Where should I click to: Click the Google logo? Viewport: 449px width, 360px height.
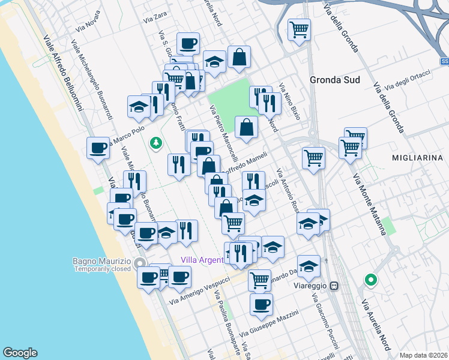coord(20,353)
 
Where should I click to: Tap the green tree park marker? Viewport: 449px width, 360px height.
coord(156,142)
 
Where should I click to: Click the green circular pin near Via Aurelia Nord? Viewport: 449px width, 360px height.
coord(371,280)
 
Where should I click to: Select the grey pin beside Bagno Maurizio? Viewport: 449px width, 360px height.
coord(140,263)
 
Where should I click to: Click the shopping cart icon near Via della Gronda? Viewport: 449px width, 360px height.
coord(298,29)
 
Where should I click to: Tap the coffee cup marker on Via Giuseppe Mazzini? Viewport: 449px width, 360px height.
coord(261,304)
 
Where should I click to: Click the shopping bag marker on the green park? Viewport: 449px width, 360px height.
coord(246,128)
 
